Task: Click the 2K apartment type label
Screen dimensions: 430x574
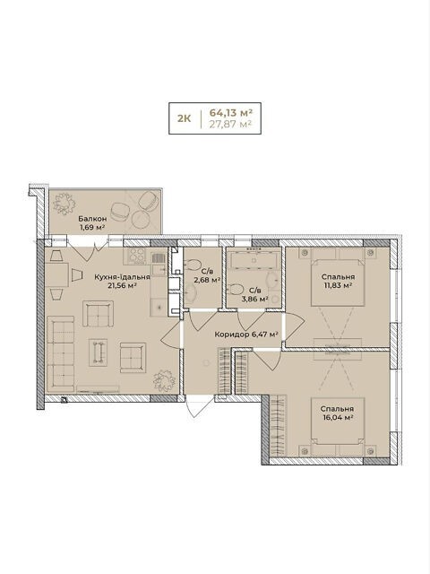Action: click(184, 118)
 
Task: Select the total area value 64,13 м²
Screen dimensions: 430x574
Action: click(231, 111)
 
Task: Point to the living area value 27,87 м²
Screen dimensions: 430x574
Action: click(230, 124)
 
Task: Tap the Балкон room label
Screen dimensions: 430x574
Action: click(92, 219)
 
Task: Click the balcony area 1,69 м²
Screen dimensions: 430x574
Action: click(92, 227)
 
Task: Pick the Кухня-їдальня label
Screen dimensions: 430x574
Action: click(122, 277)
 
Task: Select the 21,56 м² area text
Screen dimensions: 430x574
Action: click(122, 285)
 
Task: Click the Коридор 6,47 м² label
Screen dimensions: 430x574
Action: click(246, 335)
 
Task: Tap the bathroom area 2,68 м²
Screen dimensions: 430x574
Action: click(207, 280)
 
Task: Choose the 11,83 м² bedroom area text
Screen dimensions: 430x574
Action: click(338, 285)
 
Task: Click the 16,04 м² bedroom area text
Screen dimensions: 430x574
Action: click(338, 417)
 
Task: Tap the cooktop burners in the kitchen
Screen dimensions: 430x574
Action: click(137, 256)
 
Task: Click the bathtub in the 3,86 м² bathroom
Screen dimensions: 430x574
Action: click(254, 260)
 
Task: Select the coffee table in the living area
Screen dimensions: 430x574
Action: click(99, 352)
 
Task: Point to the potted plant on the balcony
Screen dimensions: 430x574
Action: click(64, 204)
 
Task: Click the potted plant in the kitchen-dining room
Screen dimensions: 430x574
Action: click(164, 380)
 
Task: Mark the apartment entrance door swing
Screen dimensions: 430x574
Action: click(196, 407)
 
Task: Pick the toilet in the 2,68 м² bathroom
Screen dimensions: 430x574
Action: click(193, 264)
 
